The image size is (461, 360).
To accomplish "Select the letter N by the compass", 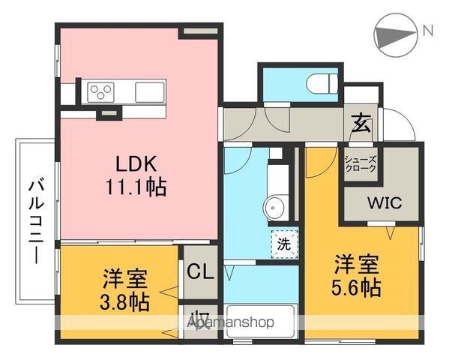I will tap(427, 31).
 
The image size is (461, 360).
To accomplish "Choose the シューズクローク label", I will tap(361, 164).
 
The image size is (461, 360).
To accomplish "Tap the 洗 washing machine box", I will tap(284, 243).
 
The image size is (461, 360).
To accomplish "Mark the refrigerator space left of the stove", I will tap(69, 91).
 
